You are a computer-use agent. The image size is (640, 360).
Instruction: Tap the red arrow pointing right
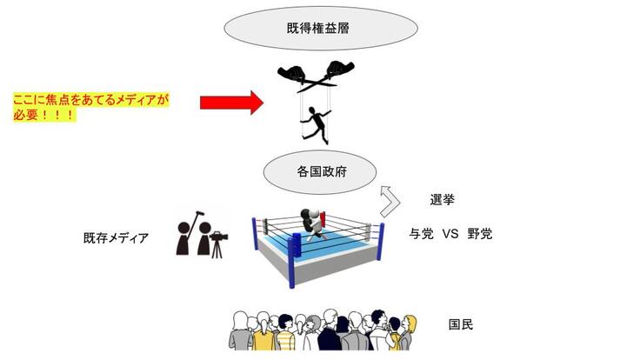[x=230, y=103]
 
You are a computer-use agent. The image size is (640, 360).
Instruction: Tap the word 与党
[x=422, y=233]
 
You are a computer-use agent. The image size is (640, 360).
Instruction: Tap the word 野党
[x=480, y=233]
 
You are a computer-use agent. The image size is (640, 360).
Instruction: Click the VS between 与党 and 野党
[x=450, y=233]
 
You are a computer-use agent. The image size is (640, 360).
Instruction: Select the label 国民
[x=461, y=324]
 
